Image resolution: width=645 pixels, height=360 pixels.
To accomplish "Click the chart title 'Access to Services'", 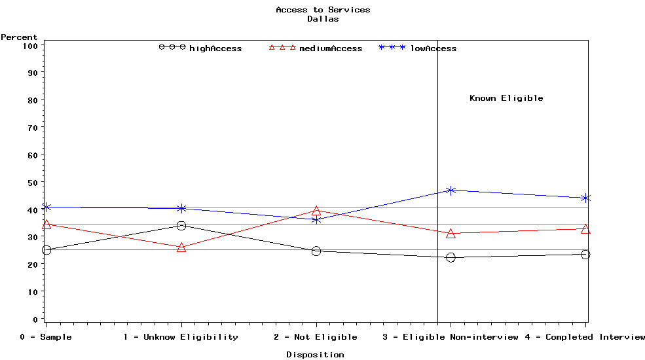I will pos(323,10).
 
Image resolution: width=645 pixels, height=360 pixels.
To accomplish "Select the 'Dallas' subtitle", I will pos(323,19).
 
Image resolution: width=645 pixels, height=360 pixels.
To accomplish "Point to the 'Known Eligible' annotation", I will pos(506,98).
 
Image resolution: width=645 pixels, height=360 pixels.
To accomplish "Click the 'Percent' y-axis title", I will pos(19,37).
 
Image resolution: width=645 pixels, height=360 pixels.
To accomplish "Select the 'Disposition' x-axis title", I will pos(315,355).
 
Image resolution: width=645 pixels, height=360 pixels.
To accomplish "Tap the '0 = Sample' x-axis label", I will pos(46,337).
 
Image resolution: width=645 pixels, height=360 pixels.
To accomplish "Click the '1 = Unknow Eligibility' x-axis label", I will pos(181,337).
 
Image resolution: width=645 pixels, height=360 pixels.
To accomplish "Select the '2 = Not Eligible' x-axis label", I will pos(316,337).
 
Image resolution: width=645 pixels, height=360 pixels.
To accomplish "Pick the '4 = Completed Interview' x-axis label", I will pos(585,337).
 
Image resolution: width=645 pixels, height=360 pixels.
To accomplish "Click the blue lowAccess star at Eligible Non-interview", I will pos(451,190).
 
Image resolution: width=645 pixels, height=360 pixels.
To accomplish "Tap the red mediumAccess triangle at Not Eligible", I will pos(316,211).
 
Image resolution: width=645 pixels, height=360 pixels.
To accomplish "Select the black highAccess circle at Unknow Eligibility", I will pos(181,226).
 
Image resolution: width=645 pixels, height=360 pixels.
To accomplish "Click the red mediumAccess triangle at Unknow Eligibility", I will pos(181,247).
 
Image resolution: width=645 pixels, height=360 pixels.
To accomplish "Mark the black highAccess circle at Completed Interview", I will pos(585,255).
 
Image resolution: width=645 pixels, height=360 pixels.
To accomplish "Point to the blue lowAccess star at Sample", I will pos(46,207).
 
